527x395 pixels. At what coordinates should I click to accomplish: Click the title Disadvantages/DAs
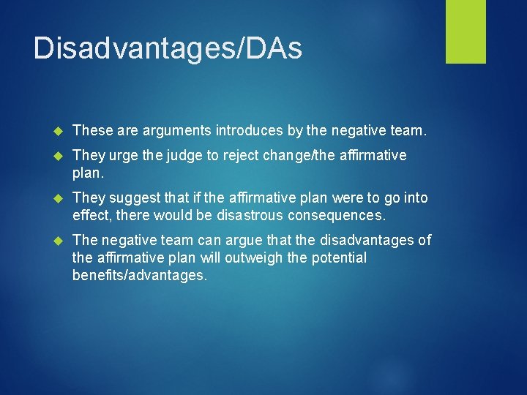[167, 48]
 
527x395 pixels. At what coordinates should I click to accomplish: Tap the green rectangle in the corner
[466, 31]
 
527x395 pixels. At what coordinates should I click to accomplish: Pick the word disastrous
[247, 215]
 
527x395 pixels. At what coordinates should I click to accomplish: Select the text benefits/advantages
[140, 275]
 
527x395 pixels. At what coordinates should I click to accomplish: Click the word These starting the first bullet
[91, 130]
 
